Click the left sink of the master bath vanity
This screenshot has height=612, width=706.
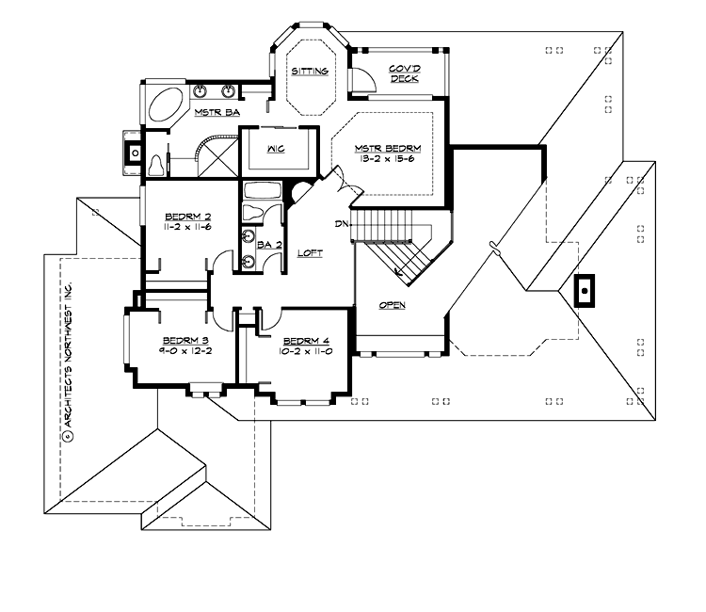pyautogui.click(x=202, y=91)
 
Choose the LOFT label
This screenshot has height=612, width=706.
pyautogui.click(x=311, y=253)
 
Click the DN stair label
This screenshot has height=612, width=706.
pyautogui.click(x=342, y=224)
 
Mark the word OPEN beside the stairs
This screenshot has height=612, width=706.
pyautogui.click(x=393, y=305)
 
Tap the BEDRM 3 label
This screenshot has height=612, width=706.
pyautogui.click(x=178, y=340)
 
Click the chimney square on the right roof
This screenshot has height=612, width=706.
pyautogui.click(x=585, y=291)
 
